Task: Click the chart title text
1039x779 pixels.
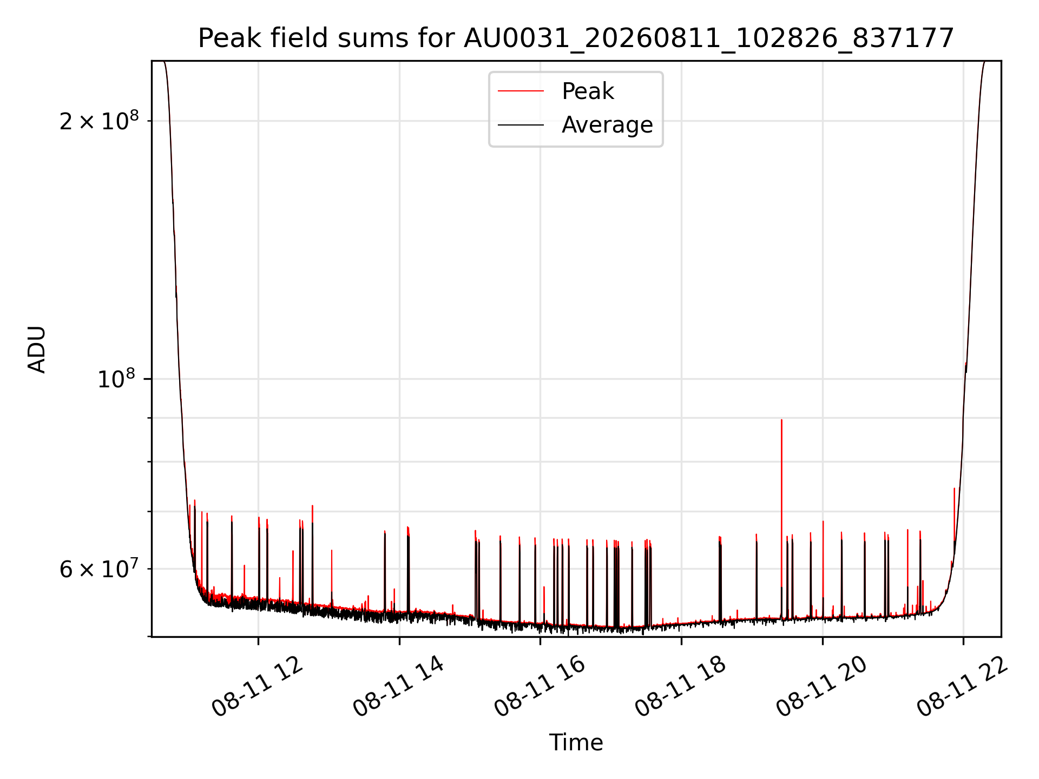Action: [576, 38]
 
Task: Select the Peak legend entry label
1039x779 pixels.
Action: [588, 91]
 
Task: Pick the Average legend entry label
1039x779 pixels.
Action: [607, 125]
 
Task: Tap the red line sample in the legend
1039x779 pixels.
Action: [521, 91]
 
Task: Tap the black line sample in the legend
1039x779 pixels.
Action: [521, 125]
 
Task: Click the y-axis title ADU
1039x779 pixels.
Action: [37, 349]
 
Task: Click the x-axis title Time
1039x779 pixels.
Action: [576, 742]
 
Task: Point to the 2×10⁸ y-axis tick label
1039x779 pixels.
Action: [99, 121]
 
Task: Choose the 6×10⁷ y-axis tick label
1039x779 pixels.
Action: [99, 569]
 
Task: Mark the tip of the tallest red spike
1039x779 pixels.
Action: [781, 420]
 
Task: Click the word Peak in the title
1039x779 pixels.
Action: [225, 38]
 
